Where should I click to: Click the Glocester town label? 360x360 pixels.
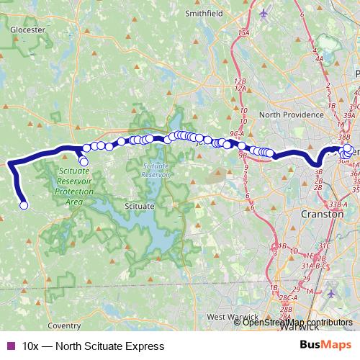(28, 30)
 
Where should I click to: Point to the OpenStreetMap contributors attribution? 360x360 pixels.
(297, 323)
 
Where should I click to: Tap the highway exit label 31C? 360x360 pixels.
(324, 246)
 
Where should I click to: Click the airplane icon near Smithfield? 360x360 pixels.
(264, 12)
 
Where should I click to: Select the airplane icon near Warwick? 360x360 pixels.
(330, 294)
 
